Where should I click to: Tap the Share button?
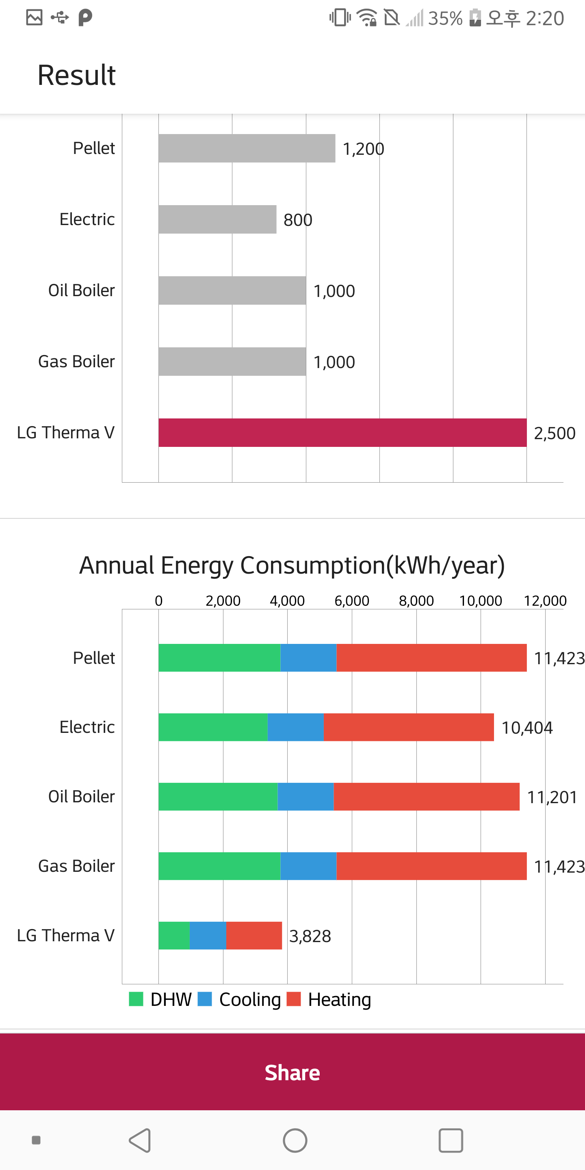click(x=292, y=1072)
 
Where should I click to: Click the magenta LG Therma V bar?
click(x=342, y=432)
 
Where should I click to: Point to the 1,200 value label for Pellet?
click(x=363, y=149)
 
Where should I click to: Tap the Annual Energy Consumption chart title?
click(x=292, y=565)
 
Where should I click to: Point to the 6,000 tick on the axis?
click(x=351, y=601)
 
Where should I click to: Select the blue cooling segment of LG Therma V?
click(x=208, y=935)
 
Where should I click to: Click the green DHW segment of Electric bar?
click(x=213, y=727)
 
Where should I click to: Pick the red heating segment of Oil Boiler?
click(x=427, y=796)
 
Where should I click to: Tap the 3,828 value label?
click(x=310, y=936)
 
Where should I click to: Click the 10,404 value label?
click(x=527, y=728)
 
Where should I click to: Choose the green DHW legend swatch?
click(x=136, y=999)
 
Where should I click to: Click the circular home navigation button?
click(x=295, y=1140)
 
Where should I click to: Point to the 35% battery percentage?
click(x=445, y=18)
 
